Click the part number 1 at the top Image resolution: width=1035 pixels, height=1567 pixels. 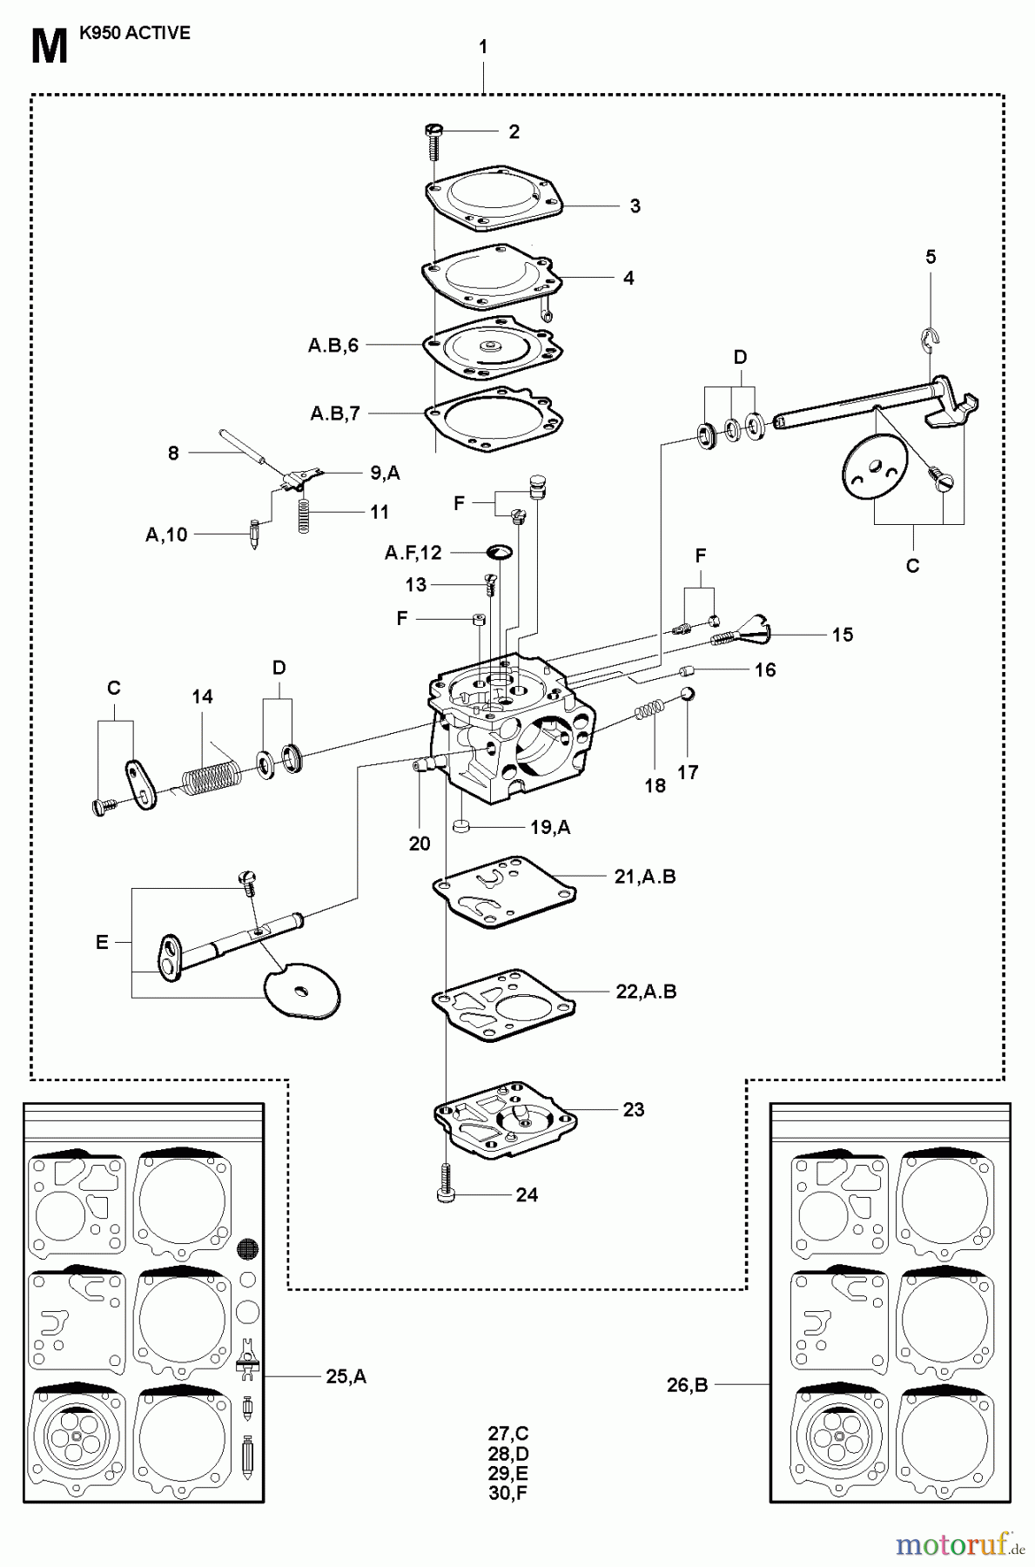tap(483, 47)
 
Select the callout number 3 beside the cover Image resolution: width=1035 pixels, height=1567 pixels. tap(635, 206)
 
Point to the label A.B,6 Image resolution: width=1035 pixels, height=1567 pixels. tap(333, 346)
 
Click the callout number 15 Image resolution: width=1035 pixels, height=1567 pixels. tap(842, 635)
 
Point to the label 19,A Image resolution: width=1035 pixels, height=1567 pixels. tap(550, 827)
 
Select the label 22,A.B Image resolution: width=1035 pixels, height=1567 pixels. tap(646, 992)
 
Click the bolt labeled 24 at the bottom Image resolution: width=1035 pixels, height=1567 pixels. tap(445, 1189)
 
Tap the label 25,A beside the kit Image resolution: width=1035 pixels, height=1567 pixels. tap(346, 1376)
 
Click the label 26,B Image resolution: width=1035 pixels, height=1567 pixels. tap(687, 1384)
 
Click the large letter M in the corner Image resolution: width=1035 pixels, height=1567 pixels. tap(49, 48)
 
